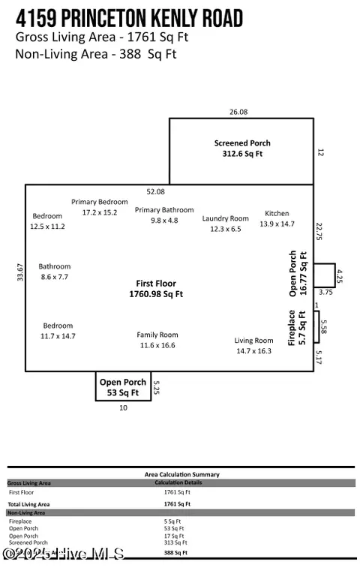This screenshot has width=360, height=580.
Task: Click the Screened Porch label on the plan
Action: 241,148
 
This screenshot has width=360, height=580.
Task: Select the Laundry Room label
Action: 225,224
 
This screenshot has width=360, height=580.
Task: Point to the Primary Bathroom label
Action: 164,215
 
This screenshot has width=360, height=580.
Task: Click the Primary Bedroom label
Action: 100,207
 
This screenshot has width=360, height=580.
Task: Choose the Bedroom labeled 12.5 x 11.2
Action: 47,221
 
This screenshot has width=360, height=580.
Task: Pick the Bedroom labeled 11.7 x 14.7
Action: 58,331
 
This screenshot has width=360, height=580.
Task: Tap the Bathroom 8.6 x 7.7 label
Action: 54,272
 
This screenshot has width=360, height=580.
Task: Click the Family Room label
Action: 157,340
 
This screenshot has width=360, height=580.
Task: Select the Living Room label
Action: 253,345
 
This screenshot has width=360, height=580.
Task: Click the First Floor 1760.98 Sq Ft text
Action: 159,289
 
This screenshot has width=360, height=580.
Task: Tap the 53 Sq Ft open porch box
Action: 123,386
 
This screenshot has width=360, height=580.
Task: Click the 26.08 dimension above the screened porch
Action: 238,112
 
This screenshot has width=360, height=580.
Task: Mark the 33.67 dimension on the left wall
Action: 19,272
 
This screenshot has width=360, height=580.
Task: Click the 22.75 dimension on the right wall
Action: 319,230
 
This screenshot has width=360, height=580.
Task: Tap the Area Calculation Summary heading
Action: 181,474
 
